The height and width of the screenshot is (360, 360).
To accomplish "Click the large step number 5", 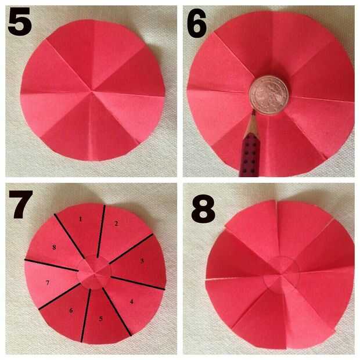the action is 20,21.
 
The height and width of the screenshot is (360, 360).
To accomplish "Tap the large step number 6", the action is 197,23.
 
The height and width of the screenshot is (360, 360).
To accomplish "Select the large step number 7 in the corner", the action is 21,204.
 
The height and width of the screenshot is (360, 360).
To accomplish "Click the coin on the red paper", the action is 268,95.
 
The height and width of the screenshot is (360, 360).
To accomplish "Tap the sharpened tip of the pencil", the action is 254,111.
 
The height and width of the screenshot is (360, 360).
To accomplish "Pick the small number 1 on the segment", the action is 80,219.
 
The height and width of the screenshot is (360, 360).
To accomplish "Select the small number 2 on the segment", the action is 116,223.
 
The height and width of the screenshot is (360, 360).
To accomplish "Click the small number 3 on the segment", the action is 142,261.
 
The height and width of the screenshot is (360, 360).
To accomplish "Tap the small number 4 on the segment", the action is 132,301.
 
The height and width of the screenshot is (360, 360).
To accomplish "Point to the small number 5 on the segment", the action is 100,319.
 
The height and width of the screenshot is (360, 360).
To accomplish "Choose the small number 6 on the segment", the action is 71,311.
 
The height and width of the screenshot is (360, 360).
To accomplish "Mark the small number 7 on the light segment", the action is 48,283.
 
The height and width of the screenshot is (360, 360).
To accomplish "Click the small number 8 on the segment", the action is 54,247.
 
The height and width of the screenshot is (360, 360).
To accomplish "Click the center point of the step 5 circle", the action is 92,91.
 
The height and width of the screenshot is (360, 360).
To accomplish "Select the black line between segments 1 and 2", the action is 101,231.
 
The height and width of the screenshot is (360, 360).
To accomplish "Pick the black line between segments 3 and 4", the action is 138,283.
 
